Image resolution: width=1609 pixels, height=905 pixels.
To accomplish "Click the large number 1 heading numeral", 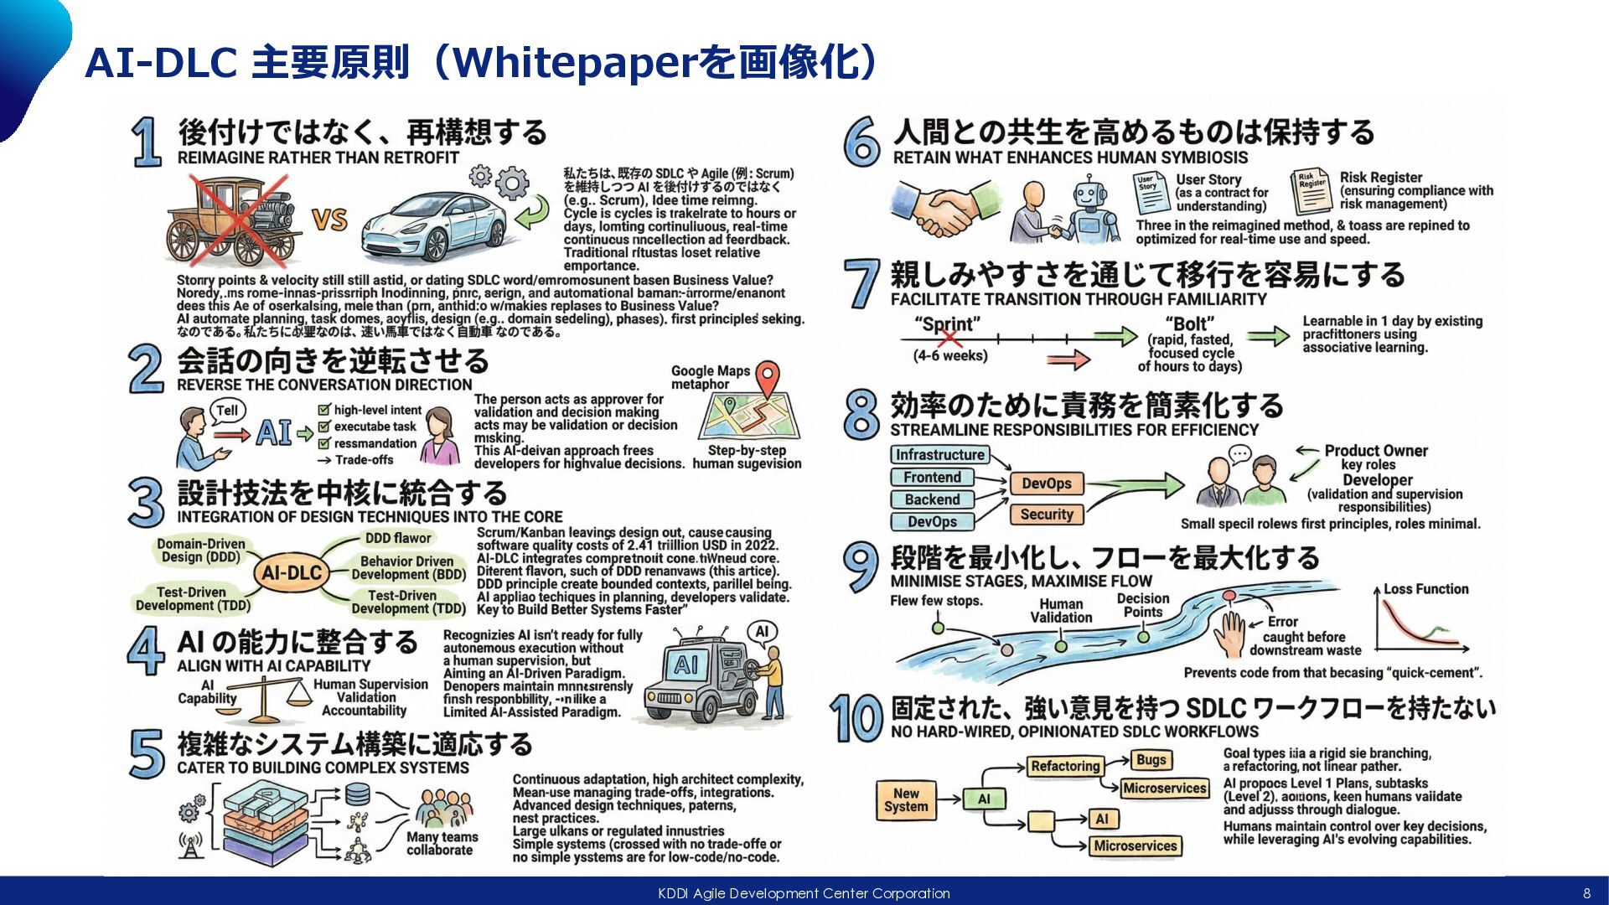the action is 147,142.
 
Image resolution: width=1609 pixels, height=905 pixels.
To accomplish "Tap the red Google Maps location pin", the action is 767,379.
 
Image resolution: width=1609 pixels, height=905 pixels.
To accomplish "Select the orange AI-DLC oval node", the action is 291,573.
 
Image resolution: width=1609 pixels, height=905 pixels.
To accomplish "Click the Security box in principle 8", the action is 1046,515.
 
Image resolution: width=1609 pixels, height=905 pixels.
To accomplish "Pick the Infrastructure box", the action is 939,455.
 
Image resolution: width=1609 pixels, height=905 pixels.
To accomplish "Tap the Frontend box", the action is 932,478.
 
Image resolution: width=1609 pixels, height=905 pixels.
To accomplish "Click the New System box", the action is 906,799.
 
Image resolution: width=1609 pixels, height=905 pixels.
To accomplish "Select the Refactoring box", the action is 1064,766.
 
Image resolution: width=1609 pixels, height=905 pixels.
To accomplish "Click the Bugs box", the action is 1151,759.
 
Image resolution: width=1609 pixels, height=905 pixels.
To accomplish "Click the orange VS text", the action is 329,220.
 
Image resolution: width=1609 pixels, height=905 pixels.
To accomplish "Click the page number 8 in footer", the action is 1586,893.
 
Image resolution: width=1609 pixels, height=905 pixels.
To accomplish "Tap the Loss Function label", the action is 1425,589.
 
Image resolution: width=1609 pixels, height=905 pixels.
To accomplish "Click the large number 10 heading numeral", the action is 856,718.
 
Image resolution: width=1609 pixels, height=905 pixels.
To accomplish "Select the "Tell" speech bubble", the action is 227,411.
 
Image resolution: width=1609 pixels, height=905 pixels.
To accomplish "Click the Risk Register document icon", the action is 1312,192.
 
